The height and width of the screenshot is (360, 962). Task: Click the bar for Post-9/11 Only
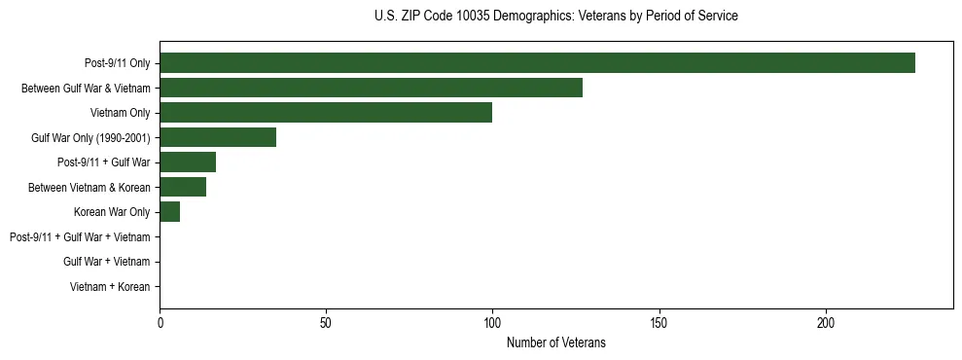pos(537,63)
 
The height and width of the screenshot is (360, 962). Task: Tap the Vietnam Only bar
pos(326,113)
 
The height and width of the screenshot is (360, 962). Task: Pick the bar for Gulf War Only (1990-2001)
pos(218,137)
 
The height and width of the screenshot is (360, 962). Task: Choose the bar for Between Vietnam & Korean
pos(183,187)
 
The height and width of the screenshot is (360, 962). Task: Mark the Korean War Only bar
pos(169,212)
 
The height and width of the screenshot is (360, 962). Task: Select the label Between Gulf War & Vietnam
pos(86,88)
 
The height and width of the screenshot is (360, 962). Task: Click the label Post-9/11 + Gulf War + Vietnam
pos(80,237)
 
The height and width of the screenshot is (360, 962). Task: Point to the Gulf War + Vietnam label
pos(107,262)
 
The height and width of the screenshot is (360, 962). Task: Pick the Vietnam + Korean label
pos(110,287)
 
